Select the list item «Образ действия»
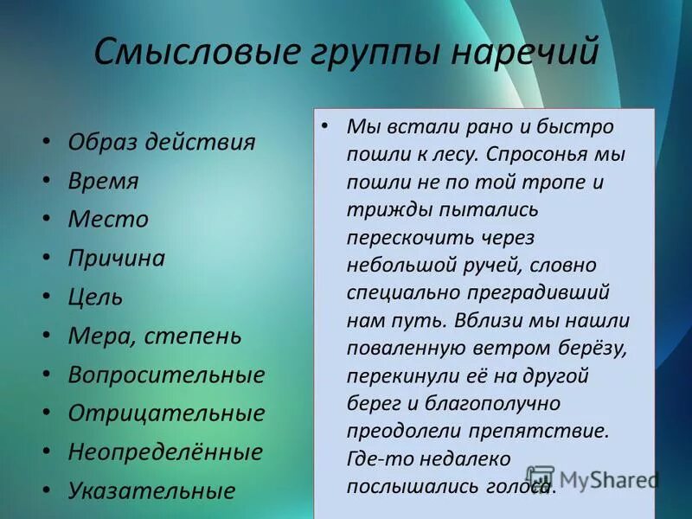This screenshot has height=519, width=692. pyautogui.click(x=162, y=142)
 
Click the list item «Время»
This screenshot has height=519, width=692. pyautogui.click(x=103, y=181)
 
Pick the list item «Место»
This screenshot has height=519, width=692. pyautogui.click(x=108, y=220)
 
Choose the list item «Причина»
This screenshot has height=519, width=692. pyautogui.click(x=117, y=258)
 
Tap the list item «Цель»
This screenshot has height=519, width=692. pyautogui.click(x=95, y=297)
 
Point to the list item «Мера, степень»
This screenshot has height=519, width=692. pyautogui.click(x=155, y=336)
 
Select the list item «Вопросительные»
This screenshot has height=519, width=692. pyautogui.click(x=166, y=375)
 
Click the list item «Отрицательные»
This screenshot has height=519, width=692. pyautogui.click(x=166, y=413)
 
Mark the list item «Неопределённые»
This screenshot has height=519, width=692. pyautogui.click(x=165, y=452)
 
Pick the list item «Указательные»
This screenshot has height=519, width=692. pyautogui.click(x=151, y=490)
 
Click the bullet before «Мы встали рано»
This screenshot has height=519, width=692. pyautogui.click(x=324, y=125)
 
